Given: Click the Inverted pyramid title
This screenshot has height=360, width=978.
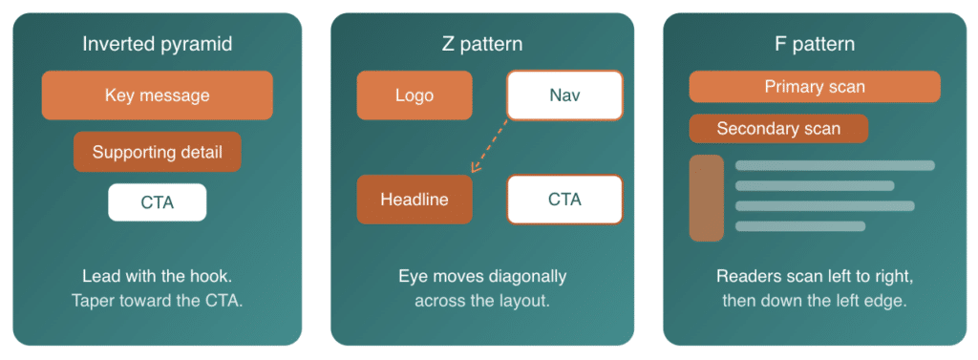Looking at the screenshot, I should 157,44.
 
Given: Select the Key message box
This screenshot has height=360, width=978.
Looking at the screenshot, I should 157,95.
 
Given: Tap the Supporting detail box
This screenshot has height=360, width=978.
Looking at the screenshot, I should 157,152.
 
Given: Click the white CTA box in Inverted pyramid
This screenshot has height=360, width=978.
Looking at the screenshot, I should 157,202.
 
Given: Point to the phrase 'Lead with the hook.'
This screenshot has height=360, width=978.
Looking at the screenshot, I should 157,276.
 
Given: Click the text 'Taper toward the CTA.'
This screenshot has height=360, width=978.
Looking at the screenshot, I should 157,300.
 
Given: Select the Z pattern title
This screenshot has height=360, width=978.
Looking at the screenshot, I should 482,44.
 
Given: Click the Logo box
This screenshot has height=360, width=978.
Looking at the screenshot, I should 414,95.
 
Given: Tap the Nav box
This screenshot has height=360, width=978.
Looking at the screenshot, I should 563,95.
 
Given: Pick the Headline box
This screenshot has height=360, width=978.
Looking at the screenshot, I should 414,200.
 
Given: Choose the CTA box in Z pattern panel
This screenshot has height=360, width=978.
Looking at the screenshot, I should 563,200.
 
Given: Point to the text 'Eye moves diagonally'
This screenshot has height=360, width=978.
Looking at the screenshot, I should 482,276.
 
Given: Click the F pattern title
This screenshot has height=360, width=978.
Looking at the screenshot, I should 814,44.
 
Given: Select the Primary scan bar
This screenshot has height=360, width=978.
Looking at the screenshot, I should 814,87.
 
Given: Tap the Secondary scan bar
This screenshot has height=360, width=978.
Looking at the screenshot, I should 778,129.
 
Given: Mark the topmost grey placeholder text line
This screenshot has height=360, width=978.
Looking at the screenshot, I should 834,165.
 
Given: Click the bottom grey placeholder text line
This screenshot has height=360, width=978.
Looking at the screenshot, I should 799,226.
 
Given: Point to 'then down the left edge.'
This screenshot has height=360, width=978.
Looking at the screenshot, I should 814,300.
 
